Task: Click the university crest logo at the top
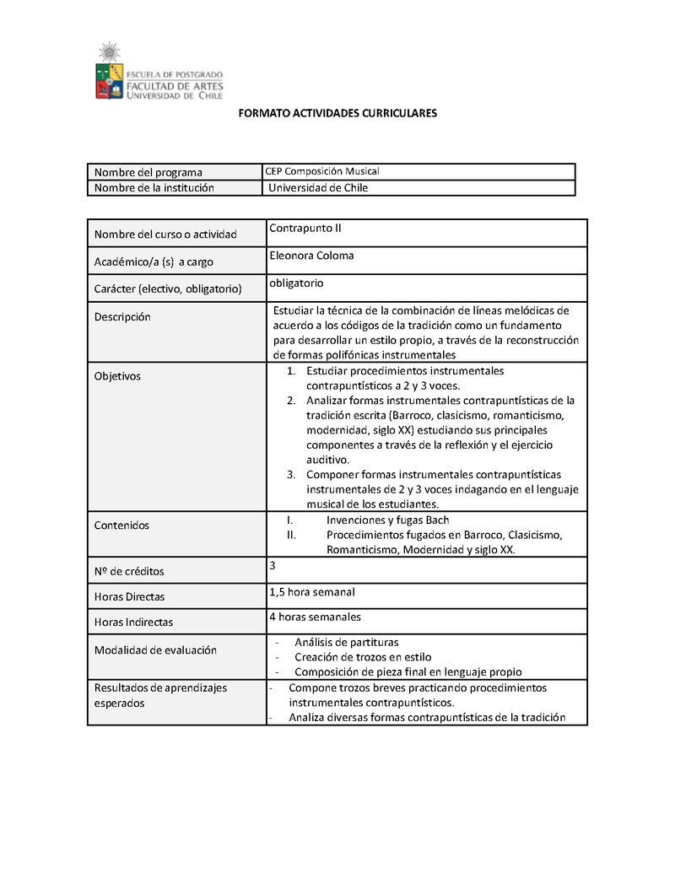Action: [x=109, y=73]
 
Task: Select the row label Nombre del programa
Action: [x=148, y=173]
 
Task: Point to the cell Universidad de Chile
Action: [x=318, y=188]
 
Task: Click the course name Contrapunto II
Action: [x=305, y=229]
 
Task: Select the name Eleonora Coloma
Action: [x=311, y=256]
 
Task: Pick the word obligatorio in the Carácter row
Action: [x=296, y=283]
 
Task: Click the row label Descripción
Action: [x=122, y=317]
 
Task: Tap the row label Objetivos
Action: [x=117, y=376]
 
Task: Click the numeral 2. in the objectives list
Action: [x=290, y=400]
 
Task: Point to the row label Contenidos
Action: [x=121, y=525]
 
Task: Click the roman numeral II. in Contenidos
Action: [x=291, y=535]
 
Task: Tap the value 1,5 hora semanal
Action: [x=311, y=591]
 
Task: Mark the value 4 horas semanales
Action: [x=315, y=617]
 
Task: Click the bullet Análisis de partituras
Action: [x=346, y=643]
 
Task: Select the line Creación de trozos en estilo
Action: [x=363, y=657]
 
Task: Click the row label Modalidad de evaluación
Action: [x=155, y=650]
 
